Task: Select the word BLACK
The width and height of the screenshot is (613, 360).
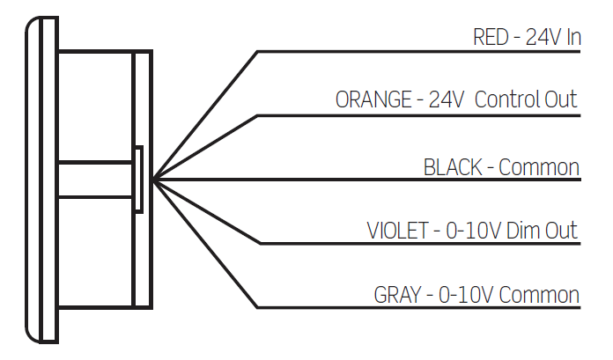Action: [x=454, y=167]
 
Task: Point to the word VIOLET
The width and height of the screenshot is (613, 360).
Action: [x=395, y=231]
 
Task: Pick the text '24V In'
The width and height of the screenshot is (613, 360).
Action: [x=552, y=38]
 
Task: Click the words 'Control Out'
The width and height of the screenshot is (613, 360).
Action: [x=527, y=100]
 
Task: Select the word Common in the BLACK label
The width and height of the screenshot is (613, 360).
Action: [x=539, y=167]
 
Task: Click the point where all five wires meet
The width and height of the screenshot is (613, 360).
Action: [x=153, y=180]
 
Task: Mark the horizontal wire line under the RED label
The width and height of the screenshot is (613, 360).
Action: [x=423, y=52]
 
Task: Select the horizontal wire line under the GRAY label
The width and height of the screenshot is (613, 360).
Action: [x=423, y=308]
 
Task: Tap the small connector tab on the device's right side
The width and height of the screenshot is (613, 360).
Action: [x=139, y=180]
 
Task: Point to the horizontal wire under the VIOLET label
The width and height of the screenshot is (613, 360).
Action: [x=423, y=244]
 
